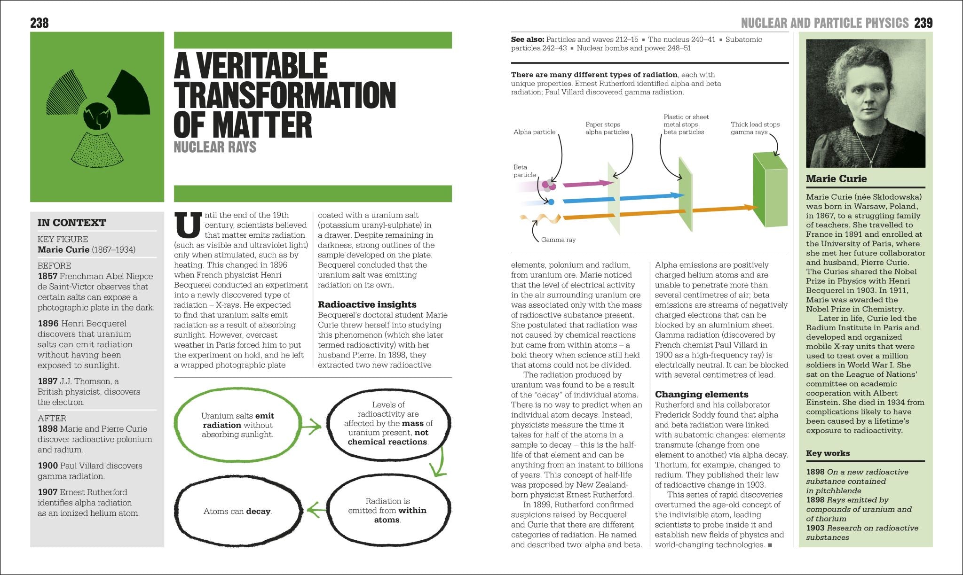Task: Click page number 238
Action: click(39, 23)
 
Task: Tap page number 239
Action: click(923, 23)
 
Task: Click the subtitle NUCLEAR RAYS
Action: click(215, 147)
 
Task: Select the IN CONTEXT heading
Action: click(72, 223)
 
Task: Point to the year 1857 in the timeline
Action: click(47, 276)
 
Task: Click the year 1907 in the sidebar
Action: click(47, 492)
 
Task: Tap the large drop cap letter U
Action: click(188, 225)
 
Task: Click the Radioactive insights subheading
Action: click(367, 304)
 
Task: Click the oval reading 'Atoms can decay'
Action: click(237, 511)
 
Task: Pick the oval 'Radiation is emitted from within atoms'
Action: click(387, 510)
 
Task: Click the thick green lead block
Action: click(769, 190)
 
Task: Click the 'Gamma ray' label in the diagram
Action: click(558, 240)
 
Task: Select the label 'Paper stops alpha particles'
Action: click(607, 128)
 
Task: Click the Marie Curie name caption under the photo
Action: click(836, 179)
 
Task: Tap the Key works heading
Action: click(828, 453)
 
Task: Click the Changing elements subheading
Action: click(701, 394)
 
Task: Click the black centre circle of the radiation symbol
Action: click(97, 116)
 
